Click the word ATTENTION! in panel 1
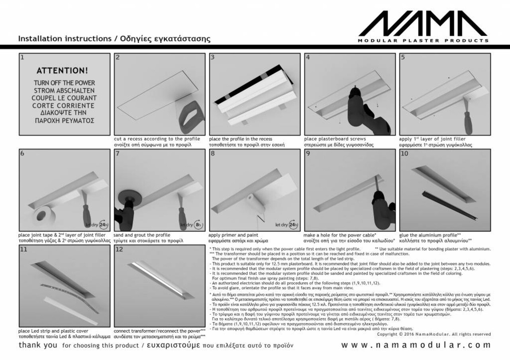62,71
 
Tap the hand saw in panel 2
190,118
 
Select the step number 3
212,57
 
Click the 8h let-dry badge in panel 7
198,225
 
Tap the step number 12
119,249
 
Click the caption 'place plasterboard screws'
329,139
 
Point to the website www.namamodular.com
416,345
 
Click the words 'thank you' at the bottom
38,345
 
